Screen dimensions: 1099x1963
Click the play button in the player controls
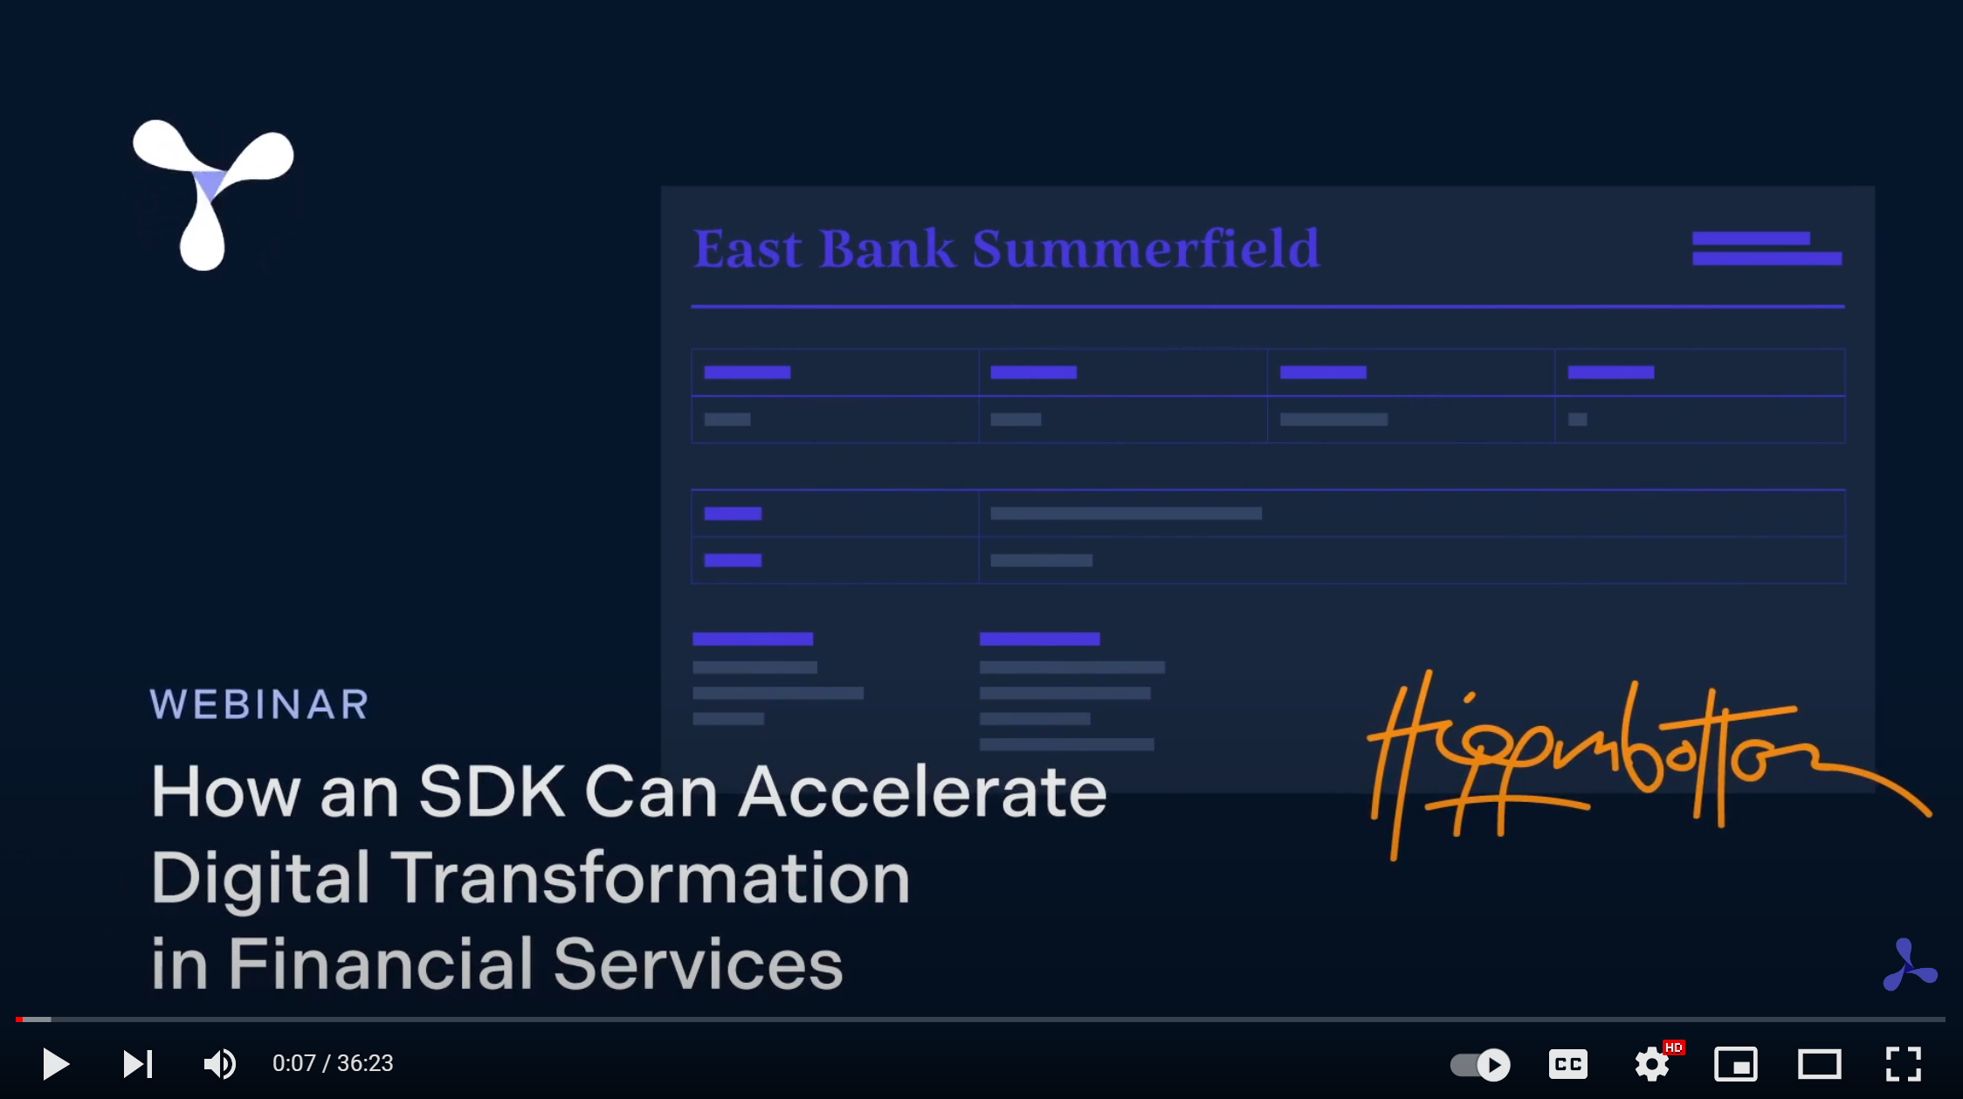coord(56,1064)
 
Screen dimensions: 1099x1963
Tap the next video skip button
coord(138,1064)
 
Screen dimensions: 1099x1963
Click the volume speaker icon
coord(219,1064)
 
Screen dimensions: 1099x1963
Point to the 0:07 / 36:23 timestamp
coord(333,1063)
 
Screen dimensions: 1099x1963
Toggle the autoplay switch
coord(1480,1064)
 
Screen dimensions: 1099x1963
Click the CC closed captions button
coord(1568,1064)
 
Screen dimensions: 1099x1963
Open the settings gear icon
coord(1652,1064)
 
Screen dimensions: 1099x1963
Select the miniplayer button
coord(1736,1064)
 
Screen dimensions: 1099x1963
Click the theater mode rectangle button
coord(1820,1064)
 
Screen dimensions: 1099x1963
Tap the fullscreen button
coord(1904,1064)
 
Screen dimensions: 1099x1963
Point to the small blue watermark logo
coord(1910,965)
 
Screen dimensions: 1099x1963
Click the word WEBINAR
coord(259,704)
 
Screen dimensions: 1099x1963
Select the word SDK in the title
coord(492,791)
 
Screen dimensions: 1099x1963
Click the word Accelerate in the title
coord(923,791)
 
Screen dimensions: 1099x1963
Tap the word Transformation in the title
coord(650,878)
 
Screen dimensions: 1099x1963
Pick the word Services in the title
coord(698,964)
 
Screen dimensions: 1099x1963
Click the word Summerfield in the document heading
coord(1145,249)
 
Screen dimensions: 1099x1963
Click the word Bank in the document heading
coord(887,249)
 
